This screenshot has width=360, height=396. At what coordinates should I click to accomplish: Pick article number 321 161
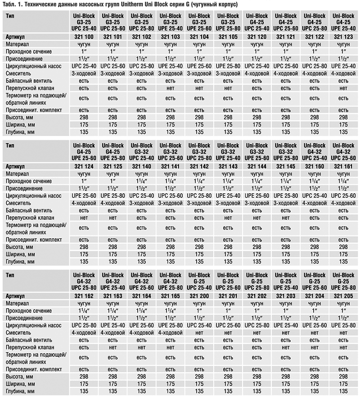[x=343, y=166]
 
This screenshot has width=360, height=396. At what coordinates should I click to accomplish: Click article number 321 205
[x=343, y=296]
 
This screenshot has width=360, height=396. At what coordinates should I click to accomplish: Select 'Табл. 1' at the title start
[x=12, y=4]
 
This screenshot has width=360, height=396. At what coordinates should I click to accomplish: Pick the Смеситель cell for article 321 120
[x=256, y=73]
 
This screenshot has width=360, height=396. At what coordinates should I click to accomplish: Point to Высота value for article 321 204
[x=315, y=376]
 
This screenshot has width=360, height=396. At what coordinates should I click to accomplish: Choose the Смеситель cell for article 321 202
[x=256, y=333]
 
